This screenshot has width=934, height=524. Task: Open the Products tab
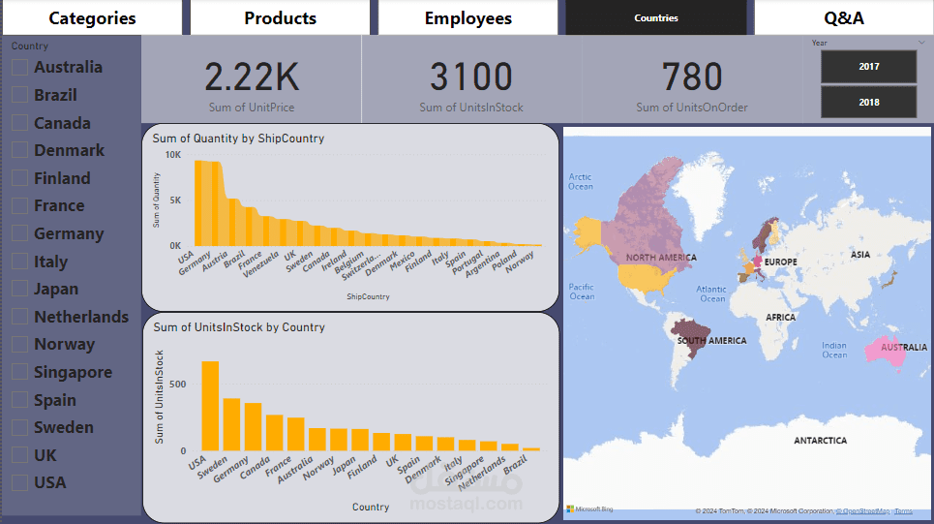pos(280,17)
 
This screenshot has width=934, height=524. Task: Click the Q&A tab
pos(843,17)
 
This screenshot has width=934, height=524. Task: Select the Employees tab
pos(467,17)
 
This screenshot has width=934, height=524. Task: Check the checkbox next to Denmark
pos(19,150)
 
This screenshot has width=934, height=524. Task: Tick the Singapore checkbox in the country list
pos(19,372)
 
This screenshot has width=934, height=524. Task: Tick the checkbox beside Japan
pos(19,289)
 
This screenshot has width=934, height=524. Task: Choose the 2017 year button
pos(868,67)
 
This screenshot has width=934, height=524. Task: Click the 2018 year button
pos(868,102)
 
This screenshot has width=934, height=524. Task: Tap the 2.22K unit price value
pos(251,77)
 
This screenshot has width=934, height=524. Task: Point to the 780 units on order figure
pos(692,77)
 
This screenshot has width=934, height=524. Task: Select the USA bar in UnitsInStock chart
pos(210,406)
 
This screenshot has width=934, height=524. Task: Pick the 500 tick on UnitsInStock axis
pos(176,384)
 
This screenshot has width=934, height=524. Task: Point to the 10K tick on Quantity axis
pos(172,155)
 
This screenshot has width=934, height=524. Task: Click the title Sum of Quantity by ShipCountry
pos(238,139)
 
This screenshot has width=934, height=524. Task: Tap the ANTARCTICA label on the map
pos(820,441)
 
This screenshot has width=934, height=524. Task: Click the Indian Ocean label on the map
pos(833,350)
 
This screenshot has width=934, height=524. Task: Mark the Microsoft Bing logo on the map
pos(589,509)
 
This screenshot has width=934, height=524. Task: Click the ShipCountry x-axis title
pos(368,296)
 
